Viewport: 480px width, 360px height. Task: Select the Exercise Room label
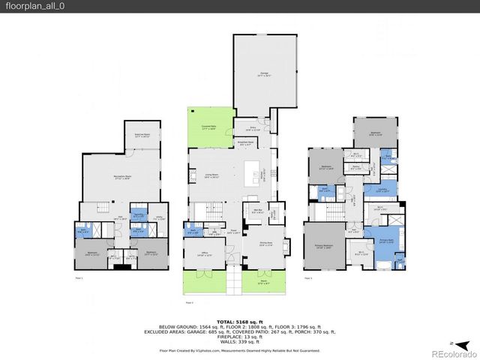pos(142,136)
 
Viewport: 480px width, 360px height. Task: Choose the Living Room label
pos(211,177)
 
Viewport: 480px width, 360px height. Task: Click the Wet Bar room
pos(256,211)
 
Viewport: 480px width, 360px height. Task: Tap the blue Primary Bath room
pos(385,241)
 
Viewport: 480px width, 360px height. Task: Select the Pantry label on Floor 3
pos(356,167)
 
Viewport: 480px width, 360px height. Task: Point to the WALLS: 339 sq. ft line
pos(239,339)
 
